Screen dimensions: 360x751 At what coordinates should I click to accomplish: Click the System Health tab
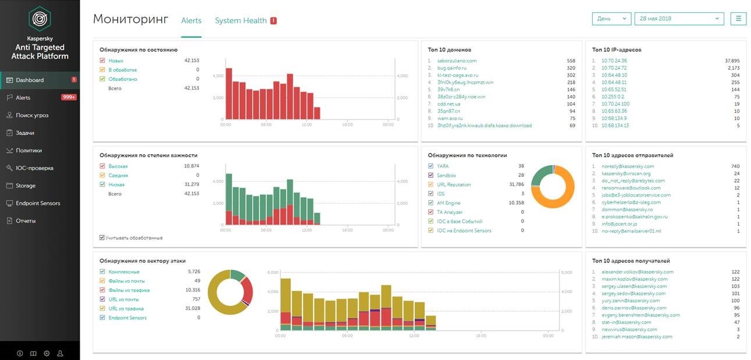241,20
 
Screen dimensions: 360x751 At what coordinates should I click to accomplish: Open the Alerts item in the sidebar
23,98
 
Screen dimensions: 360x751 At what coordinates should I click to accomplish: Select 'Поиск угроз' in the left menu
32,115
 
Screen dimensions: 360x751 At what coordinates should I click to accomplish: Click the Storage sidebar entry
26,186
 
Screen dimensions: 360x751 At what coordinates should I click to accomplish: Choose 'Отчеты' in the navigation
26,221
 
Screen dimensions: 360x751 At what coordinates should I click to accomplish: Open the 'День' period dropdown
612,19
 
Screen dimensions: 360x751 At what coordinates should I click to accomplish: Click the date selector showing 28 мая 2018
679,19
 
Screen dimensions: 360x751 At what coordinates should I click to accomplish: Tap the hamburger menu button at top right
738,19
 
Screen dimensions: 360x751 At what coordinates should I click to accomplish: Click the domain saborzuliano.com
457,60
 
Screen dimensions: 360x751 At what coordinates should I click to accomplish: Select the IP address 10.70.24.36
614,60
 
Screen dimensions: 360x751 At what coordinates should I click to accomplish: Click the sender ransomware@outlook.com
631,188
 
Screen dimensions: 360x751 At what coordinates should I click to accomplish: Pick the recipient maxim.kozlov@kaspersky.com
635,279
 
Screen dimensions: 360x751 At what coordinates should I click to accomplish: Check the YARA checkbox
430,166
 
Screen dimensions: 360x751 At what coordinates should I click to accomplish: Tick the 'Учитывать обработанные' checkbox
102,238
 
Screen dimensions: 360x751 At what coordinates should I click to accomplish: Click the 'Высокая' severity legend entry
118,166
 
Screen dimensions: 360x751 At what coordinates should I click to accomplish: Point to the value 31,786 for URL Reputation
516,184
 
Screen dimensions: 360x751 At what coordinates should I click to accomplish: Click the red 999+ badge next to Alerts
69,98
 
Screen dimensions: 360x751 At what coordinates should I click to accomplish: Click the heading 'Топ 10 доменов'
449,50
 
